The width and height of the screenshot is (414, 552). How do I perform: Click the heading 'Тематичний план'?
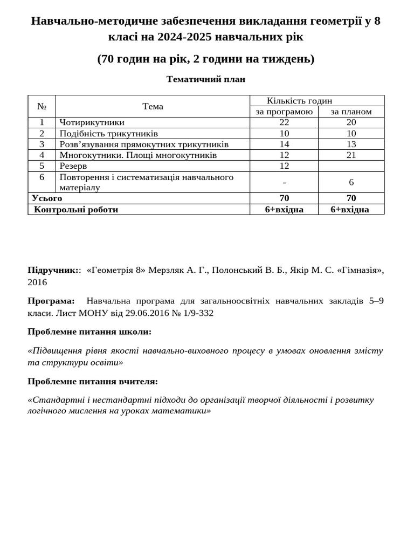[x=206, y=79]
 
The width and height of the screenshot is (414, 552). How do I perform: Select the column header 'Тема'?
[x=153, y=106]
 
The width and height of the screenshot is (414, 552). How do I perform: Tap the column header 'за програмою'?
[x=284, y=112]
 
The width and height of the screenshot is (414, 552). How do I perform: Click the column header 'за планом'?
[x=351, y=112]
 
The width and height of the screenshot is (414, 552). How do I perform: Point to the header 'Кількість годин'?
[x=299, y=101]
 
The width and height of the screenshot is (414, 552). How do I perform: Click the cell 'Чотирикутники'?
[x=92, y=122]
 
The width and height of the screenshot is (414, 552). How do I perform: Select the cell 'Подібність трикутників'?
[x=108, y=133]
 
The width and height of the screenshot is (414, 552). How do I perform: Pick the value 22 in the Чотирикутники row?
[x=284, y=122]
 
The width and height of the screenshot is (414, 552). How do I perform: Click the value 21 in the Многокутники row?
[x=351, y=155]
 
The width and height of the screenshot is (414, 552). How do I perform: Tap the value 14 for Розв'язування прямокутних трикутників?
[x=284, y=144]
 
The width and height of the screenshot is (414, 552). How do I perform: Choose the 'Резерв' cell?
[x=73, y=166]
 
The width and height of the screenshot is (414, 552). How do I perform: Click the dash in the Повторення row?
[x=284, y=182]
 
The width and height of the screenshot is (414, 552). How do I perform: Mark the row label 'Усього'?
[x=47, y=198]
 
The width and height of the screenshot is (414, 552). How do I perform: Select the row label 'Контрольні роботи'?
[x=76, y=209]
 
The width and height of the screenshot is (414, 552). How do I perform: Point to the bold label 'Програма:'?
[x=51, y=301]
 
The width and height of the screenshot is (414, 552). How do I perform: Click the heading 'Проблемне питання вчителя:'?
[x=93, y=381]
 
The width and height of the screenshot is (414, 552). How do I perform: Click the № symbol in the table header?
[x=42, y=106]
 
